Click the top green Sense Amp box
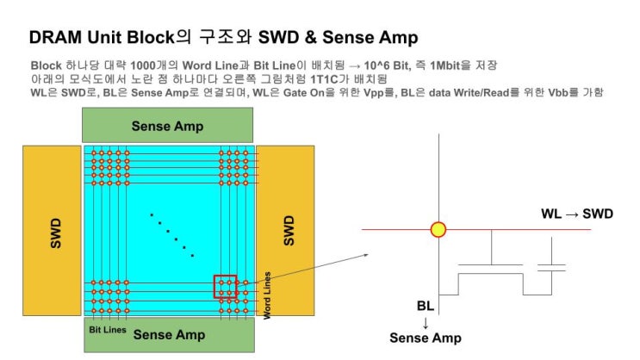pyautogui.click(x=169, y=126)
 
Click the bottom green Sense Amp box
pyautogui.click(x=169, y=336)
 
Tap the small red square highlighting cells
pyautogui.click(x=226, y=286)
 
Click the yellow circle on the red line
pyautogui.click(x=438, y=230)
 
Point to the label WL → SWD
pyautogui.click(x=576, y=214)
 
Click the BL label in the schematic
pyautogui.click(x=426, y=306)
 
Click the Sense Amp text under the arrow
pyautogui.click(x=426, y=338)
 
